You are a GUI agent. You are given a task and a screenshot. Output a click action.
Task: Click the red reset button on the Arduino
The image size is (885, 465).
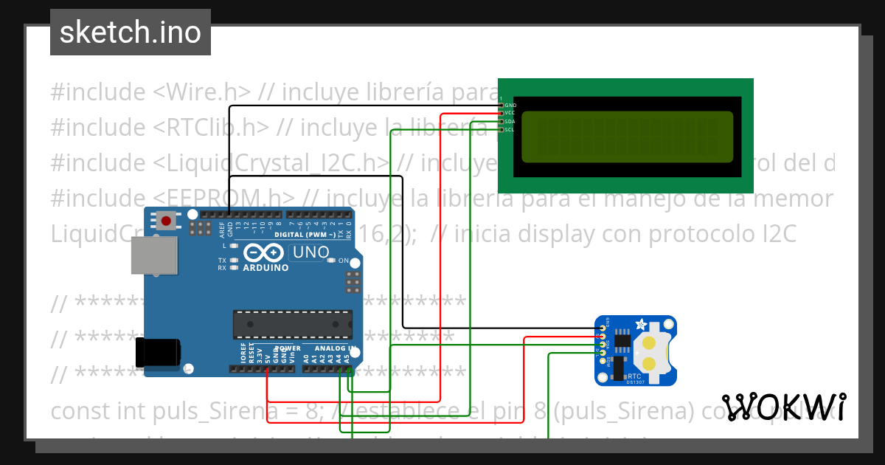(166, 220)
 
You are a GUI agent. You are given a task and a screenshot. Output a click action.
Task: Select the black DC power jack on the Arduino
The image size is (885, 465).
(158, 352)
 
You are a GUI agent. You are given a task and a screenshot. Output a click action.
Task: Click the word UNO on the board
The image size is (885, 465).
(311, 252)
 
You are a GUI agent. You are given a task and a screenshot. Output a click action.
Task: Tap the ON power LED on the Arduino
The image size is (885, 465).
(333, 261)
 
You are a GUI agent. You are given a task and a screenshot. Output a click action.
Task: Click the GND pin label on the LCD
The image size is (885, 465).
(510, 105)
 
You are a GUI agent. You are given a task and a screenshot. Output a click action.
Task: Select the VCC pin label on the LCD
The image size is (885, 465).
(510, 113)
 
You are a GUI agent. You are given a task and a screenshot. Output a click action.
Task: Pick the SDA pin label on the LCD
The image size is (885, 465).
(510, 121)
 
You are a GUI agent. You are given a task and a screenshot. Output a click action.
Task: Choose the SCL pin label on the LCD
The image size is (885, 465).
(510, 129)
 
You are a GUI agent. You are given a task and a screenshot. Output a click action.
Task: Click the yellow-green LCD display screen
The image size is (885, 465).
(627, 137)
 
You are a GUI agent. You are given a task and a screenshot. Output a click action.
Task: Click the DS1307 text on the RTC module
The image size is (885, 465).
(635, 382)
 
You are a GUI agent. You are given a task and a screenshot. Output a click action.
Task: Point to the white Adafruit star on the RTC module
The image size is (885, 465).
(642, 324)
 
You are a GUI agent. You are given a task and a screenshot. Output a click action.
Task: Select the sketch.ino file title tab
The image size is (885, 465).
(131, 32)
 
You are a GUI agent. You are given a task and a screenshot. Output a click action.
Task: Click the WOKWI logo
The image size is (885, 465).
(783, 407)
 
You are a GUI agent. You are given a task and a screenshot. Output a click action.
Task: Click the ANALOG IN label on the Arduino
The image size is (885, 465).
(336, 348)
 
